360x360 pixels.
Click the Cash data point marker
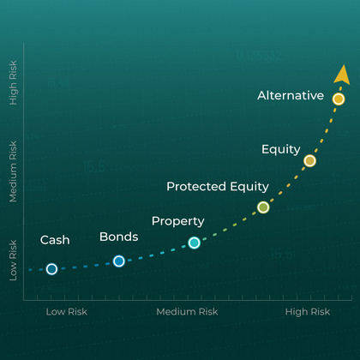coord(51,269)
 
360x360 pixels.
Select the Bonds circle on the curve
coord(119,261)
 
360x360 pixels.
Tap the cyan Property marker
coord(195,243)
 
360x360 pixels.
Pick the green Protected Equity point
coord(263,207)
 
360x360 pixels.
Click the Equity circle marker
coord(309,161)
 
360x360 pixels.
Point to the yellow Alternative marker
coord(339,99)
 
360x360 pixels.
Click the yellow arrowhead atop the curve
coord(342,75)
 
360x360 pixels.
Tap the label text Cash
coord(55,240)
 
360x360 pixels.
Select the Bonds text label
coord(119,237)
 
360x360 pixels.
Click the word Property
coord(178,221)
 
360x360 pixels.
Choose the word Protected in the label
coord(196,187)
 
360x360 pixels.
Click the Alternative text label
coord(291,95)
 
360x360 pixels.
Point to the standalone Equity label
coord(281,150)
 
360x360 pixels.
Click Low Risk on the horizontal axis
coord(67,312)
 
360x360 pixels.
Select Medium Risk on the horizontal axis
coord(187,312)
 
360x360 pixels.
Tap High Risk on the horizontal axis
coord(308,312)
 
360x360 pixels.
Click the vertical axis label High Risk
coord(13,83)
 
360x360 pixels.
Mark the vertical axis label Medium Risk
coord(13,171)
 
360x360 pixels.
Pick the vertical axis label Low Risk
coord(13,261)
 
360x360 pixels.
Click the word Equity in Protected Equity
coord(249,187)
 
